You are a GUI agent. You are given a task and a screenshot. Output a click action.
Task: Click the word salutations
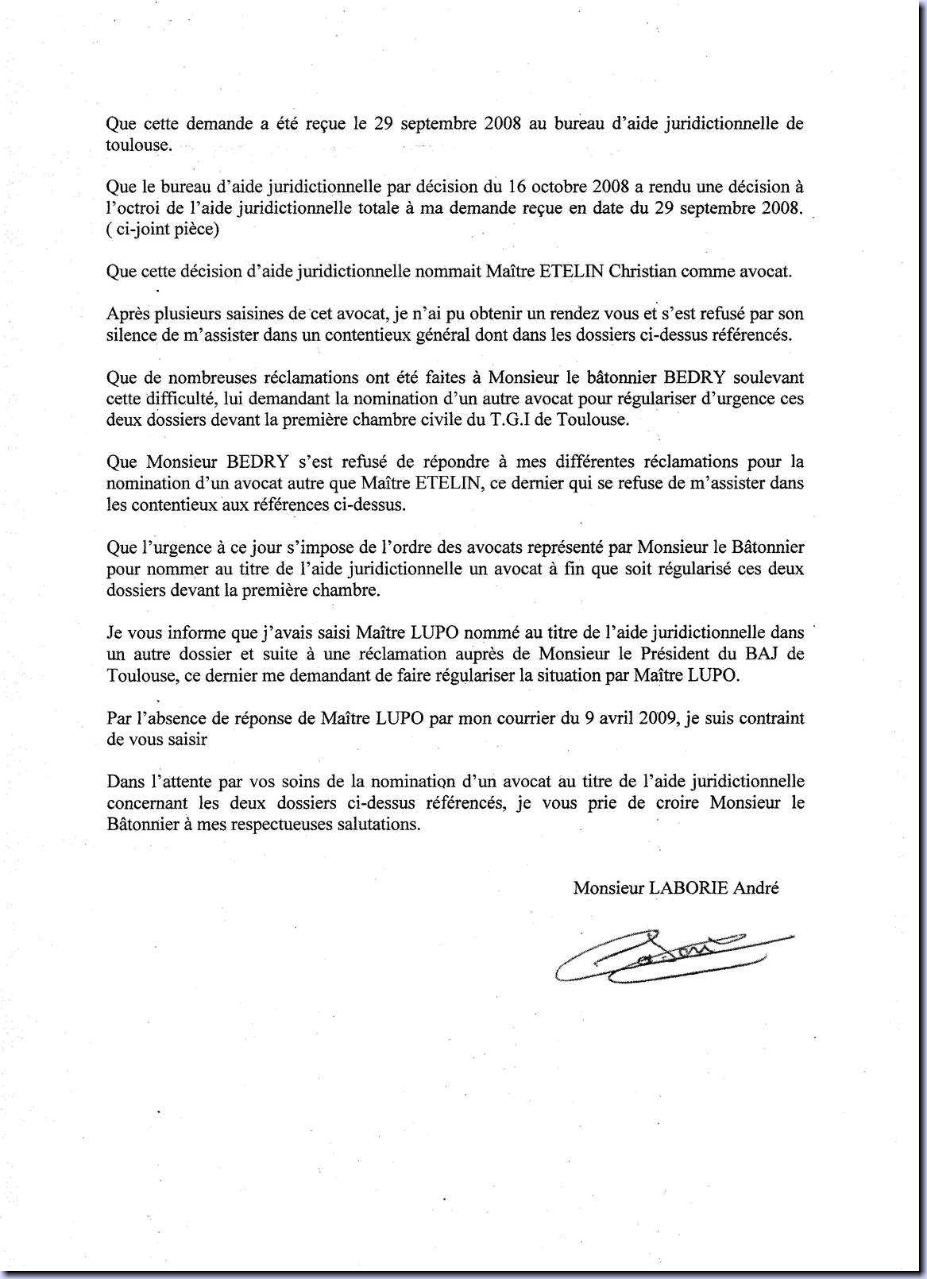tap(377, 824)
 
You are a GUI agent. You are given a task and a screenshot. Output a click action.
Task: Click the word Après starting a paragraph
tap(126, 314)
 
